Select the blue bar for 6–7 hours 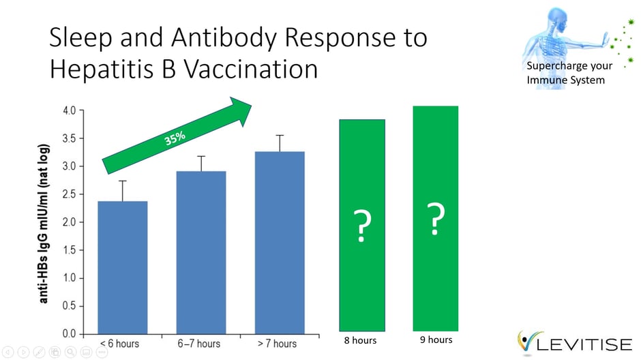(201, 252)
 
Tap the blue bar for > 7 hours (280, 243)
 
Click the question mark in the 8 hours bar (363, 227)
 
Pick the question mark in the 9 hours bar (436, 220)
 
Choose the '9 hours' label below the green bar (435, 340)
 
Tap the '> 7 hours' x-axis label (276, 344)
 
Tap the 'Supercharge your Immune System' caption (569, 73)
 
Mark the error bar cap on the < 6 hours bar (123, 181)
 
